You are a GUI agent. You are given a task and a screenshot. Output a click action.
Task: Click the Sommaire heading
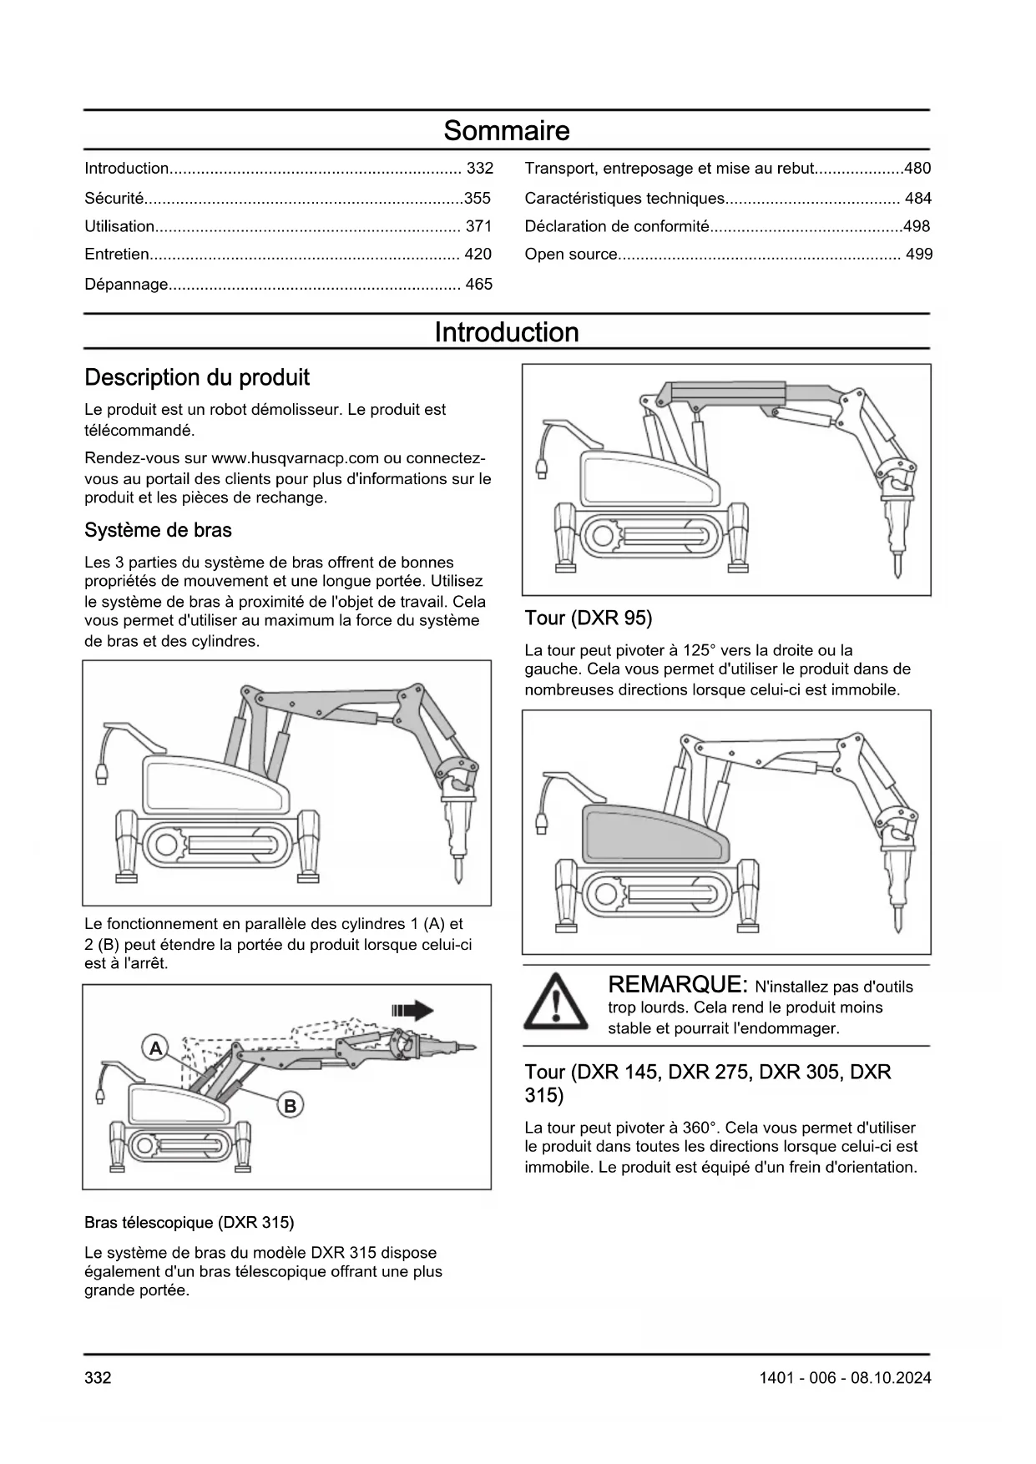(x=506, y=131)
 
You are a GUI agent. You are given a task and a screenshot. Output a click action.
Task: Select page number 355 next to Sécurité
(x=478, y=198)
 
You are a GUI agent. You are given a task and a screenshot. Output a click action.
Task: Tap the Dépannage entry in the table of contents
(x=126, y=285)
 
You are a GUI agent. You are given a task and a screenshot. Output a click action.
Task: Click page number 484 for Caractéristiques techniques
(x=917, y=199)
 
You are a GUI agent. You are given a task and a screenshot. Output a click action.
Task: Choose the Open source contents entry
(x=571, y=255)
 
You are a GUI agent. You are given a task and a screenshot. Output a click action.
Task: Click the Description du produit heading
(x=197, y=378)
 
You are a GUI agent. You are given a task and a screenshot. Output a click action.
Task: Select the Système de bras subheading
(x=158, y=531)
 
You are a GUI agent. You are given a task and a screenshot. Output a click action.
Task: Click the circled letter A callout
(x=155, y=1048)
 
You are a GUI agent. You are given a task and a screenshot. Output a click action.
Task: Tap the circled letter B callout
(x=290, y=1107)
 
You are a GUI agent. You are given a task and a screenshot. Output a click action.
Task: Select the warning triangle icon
(x=555, y=1002)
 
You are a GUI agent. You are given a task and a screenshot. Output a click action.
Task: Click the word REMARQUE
(x=675, y=985)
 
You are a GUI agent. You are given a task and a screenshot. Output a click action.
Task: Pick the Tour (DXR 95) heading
(x=589, y=618)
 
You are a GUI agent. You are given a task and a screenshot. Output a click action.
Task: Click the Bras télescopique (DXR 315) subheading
(x=189, y=1223)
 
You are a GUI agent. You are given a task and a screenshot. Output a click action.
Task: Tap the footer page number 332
(x=98, y=1378)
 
